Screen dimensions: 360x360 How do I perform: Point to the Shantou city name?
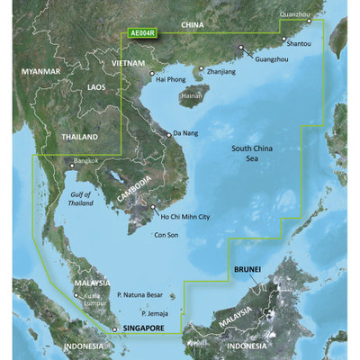tap(298, 42)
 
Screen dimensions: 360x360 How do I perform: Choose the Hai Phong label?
tap(172, 79)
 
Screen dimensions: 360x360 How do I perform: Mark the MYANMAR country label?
tap(42, 71)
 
